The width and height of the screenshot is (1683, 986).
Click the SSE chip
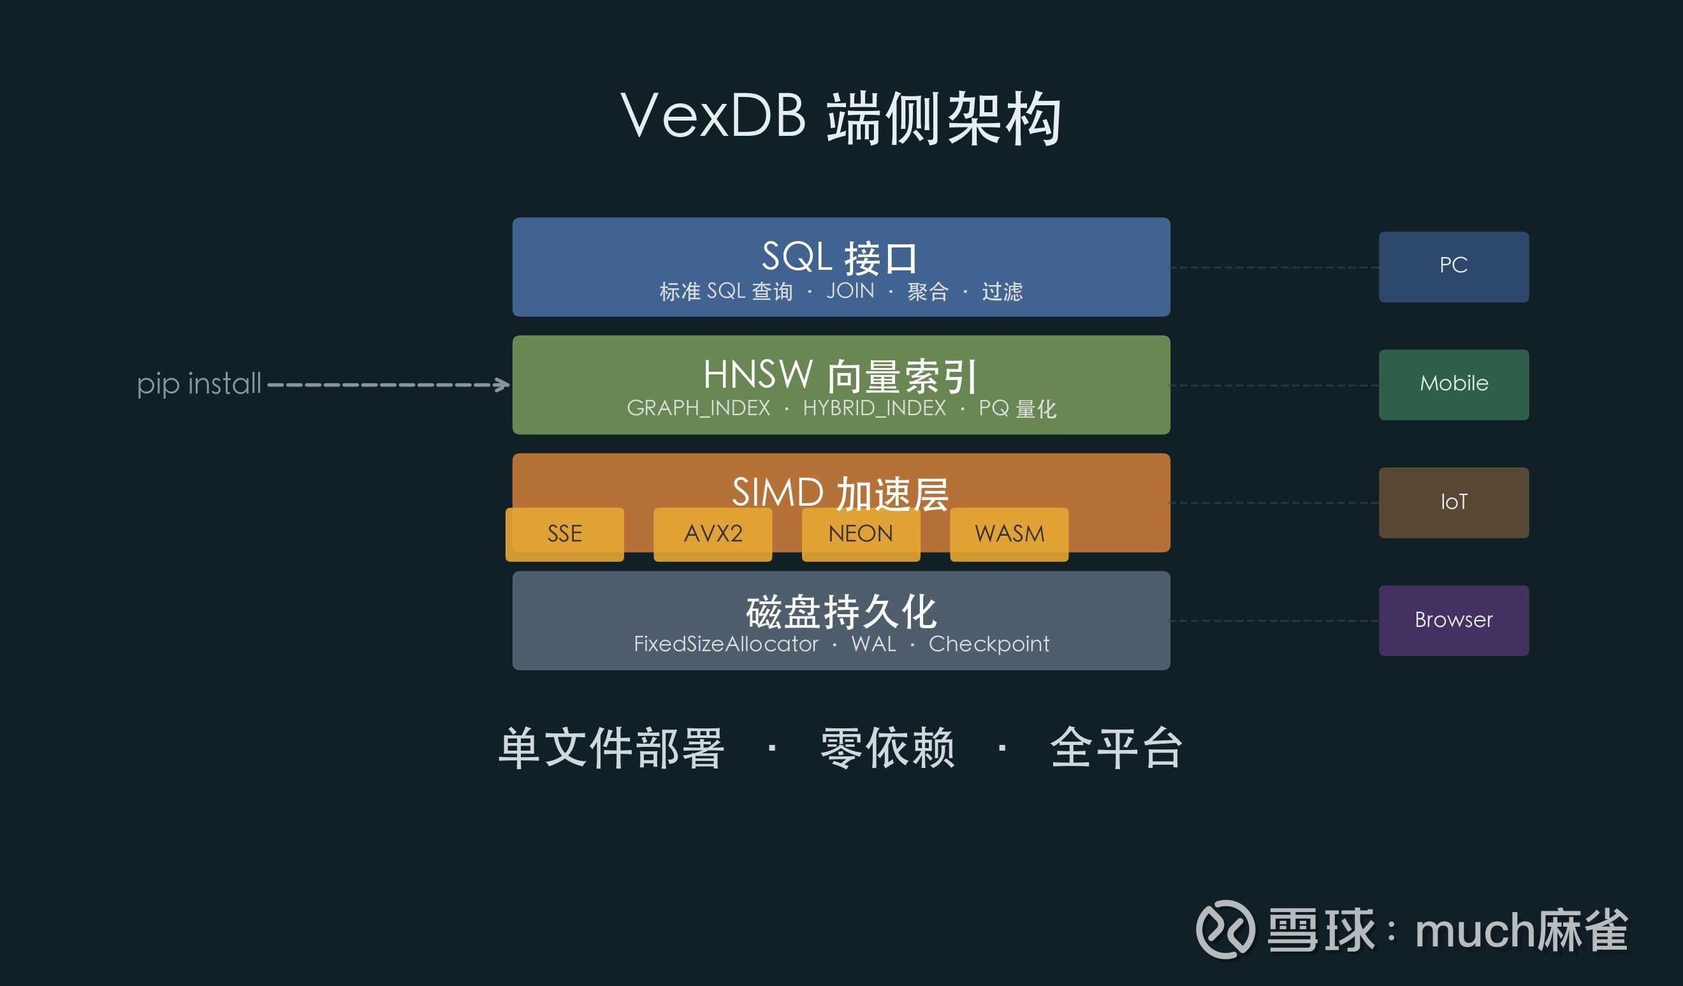[564, 534]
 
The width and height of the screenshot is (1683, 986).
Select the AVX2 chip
[713, 534]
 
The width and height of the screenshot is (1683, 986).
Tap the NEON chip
[861, 534]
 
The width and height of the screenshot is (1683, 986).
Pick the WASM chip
[1009, 534]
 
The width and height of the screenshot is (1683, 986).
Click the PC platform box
[1454, 267]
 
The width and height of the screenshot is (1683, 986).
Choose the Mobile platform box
[1454, 385]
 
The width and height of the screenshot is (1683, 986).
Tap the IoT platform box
[1454, 503]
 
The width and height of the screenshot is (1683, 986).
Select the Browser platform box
[1454, 621]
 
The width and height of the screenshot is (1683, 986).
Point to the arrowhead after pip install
[502, 385]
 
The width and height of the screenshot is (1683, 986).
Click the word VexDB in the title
[713, 115]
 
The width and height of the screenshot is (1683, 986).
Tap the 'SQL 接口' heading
[840, 257]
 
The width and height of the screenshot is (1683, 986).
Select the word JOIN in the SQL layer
[850, 291]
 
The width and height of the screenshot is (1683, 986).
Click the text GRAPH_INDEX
[699, 408]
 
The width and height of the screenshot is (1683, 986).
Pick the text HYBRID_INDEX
[874, 408]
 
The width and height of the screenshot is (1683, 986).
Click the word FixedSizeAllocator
[726, 644]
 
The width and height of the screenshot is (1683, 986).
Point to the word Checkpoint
[988, 644]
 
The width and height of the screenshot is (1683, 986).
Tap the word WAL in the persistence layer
[873, 644]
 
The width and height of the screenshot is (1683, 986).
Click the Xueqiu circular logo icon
[1225, 929]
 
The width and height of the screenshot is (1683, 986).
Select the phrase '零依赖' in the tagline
[887, 748]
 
